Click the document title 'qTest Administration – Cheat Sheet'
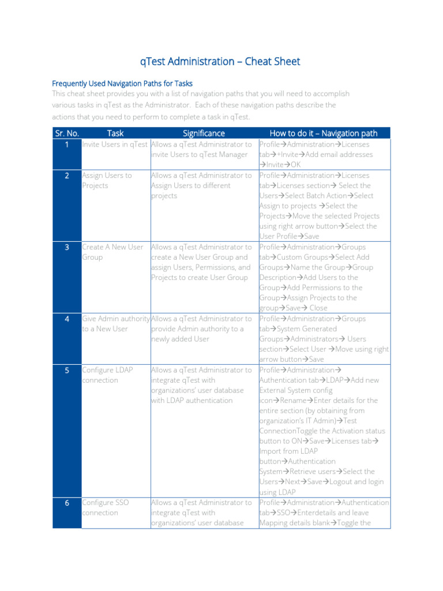click(x=221, y=62)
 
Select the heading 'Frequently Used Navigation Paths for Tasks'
click(x=122, y=83)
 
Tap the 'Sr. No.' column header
click(x=67, y=133)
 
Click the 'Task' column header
click(x=115, y=133)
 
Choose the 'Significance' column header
click(x=204, y=133)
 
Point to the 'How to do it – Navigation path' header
click(x=323, y=133)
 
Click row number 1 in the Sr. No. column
click(x=67, y=144)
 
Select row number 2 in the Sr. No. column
click(x=67, y=175)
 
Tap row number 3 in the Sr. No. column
click(x=67, y=247)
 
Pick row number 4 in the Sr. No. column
click(x=67, y=319)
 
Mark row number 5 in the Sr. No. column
click(x=67, y=370)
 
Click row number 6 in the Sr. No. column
click(x=67, y=503)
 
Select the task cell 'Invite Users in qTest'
click(x=115, y=144)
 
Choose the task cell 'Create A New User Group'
click(x=112, y=252)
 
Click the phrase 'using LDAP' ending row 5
click(x=277, y=492)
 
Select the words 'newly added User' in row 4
click(x=180, y=339)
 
